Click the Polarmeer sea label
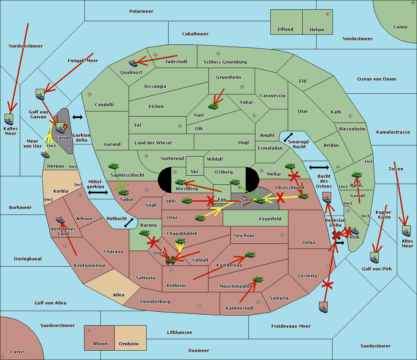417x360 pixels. click(141, 11)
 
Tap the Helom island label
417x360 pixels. click(317, 30)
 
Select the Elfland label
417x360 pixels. click(285, 30)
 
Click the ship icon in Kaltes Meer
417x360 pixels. click(9, 120)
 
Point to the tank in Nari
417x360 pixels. click(213, 106)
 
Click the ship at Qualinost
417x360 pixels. click(133, 63)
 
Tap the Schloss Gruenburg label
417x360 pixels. click(225, 62)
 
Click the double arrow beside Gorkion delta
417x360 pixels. click(77, 117)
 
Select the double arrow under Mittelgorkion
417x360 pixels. click(98, 192)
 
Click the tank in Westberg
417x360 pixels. click(180, 182)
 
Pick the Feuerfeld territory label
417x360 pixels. click(270, 219)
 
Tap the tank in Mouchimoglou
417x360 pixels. click(258, 279)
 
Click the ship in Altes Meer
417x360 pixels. click(406, 232)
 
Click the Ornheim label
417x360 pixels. click(129, 344)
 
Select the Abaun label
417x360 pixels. click(100, 344)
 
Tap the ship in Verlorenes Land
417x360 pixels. click(60, 220)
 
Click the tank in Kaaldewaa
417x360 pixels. click(250, 255)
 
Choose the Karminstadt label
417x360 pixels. click(240, 308)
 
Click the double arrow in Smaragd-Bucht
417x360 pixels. click(288, 137)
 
